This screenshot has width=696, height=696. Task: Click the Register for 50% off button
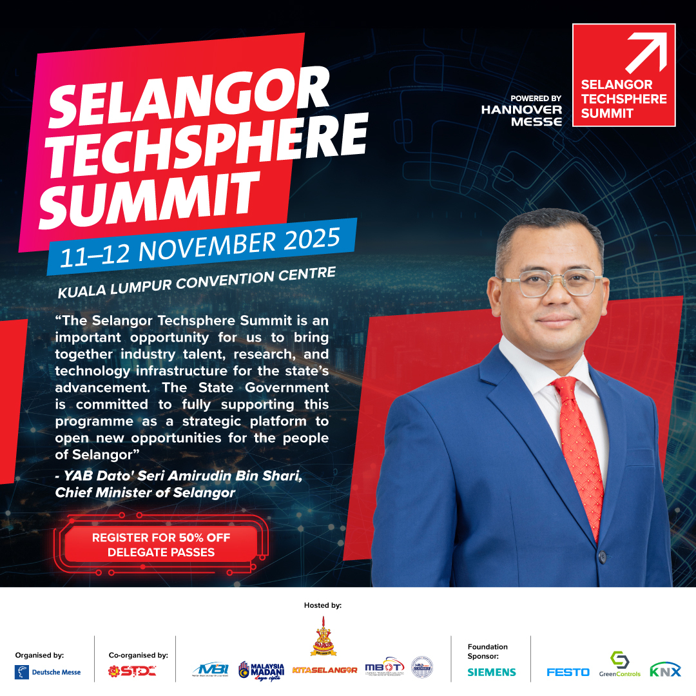(x=161, y=545)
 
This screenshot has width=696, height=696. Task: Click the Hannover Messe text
(x=521, y=115)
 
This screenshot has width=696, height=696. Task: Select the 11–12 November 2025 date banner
(x=200, y=247)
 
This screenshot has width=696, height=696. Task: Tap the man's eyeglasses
(x=551, y=284)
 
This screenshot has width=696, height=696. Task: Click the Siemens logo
(x=492, y=672)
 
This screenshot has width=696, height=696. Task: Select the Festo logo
(x=568, y=672)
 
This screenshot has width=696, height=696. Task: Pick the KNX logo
(x=665, y=670)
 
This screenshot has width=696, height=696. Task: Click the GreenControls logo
(x=619, y=664)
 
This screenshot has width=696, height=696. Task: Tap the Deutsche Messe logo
(x=48, y=672)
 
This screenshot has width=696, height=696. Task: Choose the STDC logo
(x=132, y=672)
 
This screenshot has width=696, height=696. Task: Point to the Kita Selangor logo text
(x=325, y=670)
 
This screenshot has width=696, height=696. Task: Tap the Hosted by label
(x=323, y=606)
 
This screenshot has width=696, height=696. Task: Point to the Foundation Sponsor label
(x=488, y=651)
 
